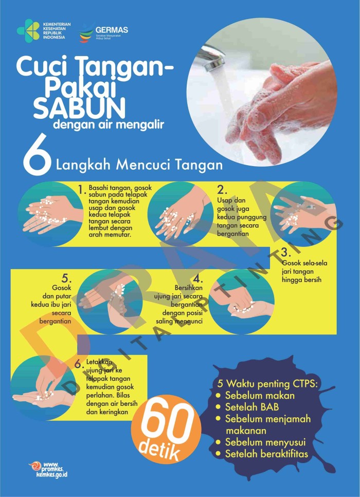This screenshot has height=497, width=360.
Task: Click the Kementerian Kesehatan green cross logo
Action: pyautogui.click(x=28, y=30)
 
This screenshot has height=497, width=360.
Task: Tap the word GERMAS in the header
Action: pyautogui.click(x=112, y=30)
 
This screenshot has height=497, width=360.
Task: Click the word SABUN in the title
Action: pyautogui.click(x=80, y=108)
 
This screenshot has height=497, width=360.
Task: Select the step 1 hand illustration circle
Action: pyautogui.click(x=51, y=214)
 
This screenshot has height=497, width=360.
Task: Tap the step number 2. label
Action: pyautogui.click(x=222, y=189)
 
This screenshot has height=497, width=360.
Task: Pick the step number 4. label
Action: pyautogui.click(x=197, y=279)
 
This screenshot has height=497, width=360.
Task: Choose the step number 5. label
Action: pyautogui.click(x=66, y=279)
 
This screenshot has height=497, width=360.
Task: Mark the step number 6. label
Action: pyautogui.click(x=79, y=364)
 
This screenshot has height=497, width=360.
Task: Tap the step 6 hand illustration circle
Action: pyautogui.click(x=43, y=388)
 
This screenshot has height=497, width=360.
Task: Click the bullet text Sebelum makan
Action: pyautogui.click(x=260, y=396)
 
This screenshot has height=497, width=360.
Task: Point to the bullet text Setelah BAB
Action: pyautogui.click(x=252, y=407)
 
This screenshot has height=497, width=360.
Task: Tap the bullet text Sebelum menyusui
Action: pyautogui.click(x=265, y=442)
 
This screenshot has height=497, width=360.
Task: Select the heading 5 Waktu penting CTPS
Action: pyautogui.click(x=267, y=384)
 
